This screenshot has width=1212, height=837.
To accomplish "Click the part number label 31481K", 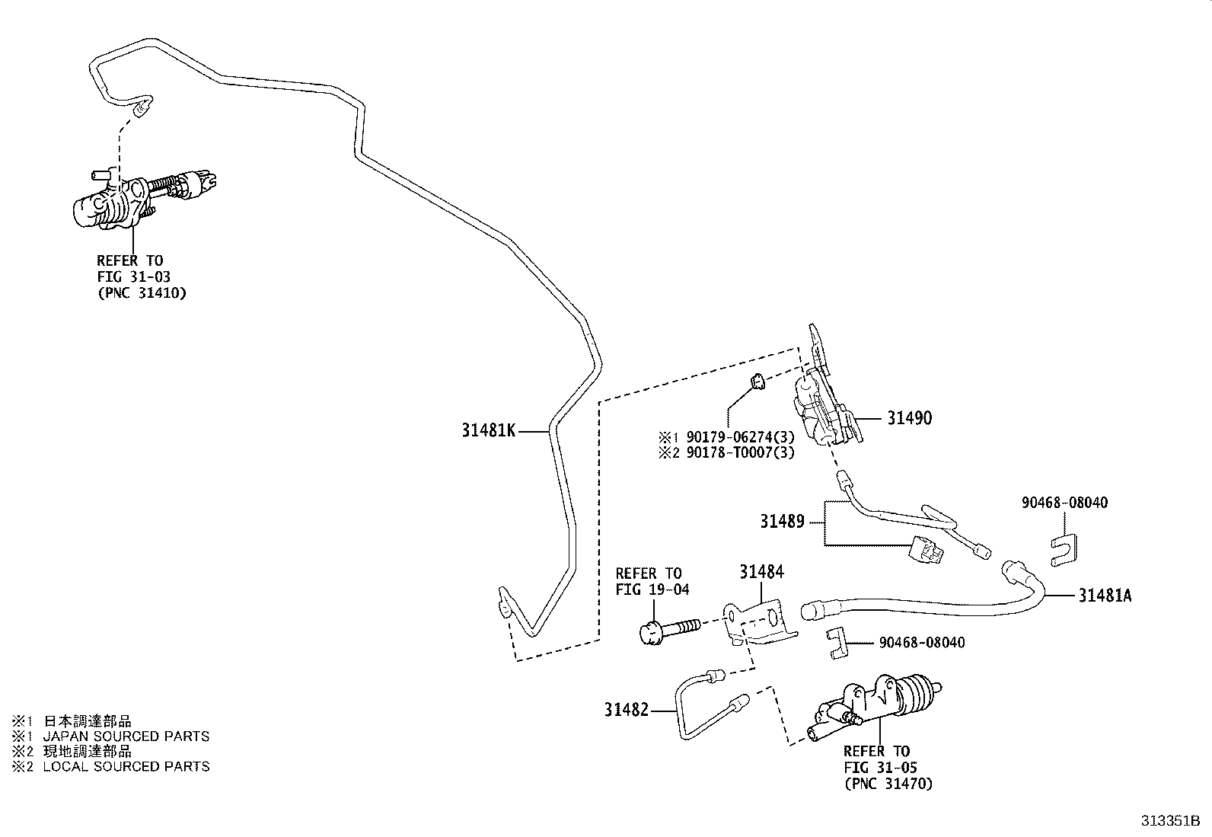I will tap(489, 431).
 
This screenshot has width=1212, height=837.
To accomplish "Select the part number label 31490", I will tap(909, 418).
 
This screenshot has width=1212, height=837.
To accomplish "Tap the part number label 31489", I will tap(782, 522).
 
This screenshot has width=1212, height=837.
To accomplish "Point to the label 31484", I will tap(761, 571).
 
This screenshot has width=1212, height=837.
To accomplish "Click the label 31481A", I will tap(1104, 596).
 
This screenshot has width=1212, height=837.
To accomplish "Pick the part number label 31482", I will tap(627, 710).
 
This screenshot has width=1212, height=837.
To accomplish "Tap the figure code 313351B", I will tap(1169, 822).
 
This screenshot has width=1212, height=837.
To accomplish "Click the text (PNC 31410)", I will tap(142, 292).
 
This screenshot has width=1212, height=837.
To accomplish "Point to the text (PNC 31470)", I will tap(888, 783).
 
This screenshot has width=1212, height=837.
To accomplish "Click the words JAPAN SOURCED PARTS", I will tap(126, 736).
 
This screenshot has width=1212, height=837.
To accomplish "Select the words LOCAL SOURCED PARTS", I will tap(126, 767).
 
